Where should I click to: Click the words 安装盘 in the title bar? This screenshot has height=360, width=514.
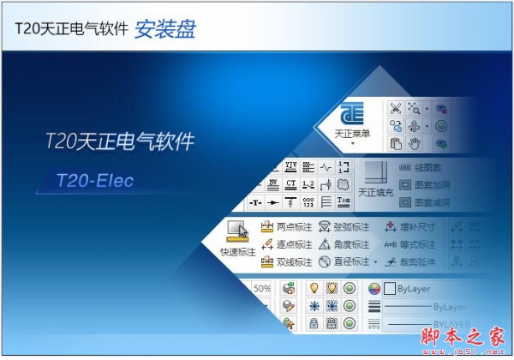click(x=164, y=30)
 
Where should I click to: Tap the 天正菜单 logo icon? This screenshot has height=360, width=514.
click(x=352, y=115)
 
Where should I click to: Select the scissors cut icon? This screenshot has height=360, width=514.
click(x=395, y=108)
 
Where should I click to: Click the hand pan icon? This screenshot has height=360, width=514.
click(x=415, y=144)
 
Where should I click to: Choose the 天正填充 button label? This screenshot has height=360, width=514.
click(x=374, y=193)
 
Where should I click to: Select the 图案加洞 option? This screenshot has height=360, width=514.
click(x=431, y=185)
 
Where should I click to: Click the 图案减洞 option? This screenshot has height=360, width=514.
click(x=431, y=203)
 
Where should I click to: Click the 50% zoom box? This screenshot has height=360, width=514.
click(x=261, y=289)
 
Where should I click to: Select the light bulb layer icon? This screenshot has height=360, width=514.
click(x=314, y=289)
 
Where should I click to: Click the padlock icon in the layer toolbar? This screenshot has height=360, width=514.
click(x=314, y=323)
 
